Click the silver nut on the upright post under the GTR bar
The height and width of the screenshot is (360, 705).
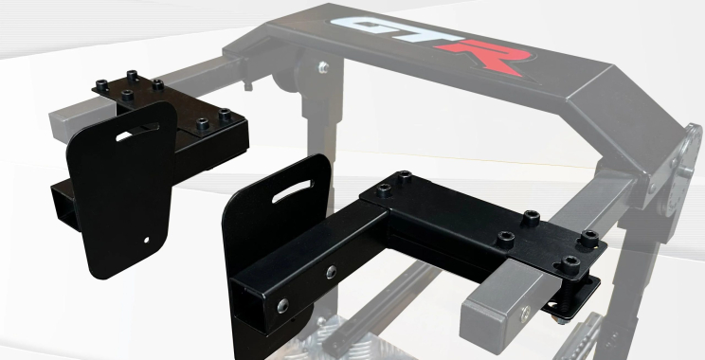coord(324,67)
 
